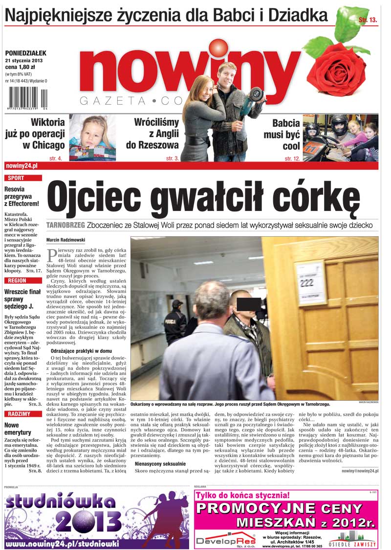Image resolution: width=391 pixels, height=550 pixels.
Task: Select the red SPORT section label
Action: click(x=16, y=178)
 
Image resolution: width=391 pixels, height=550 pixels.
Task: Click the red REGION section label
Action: click(x=18, y=280)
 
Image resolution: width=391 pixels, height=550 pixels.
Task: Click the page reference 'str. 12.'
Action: click(x=292, y=159)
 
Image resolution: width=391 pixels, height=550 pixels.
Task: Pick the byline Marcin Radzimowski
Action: click(x=66, y=240)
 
